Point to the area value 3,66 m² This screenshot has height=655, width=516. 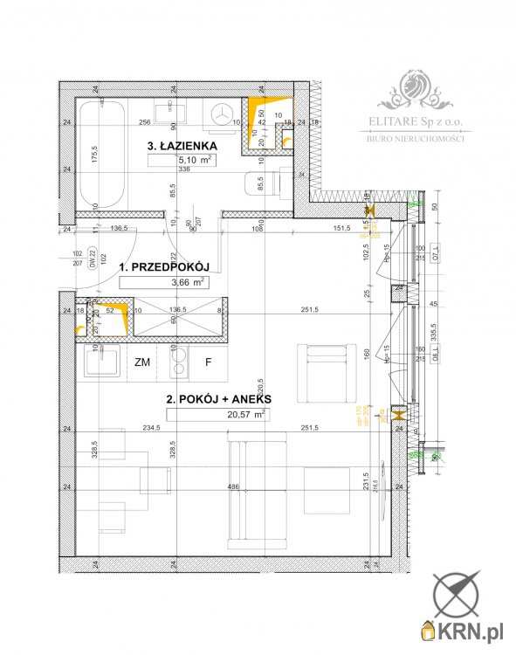point(188,282)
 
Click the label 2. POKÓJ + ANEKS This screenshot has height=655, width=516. point(217,399)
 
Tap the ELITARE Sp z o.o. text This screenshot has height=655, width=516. point(416,123)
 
